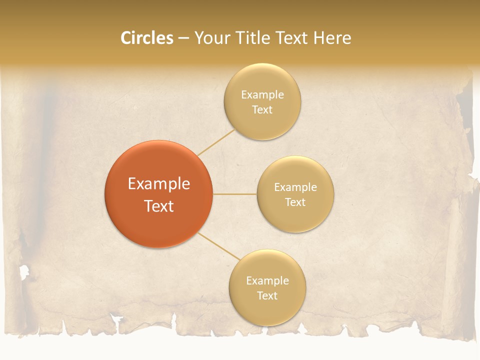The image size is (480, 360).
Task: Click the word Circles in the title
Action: (147, 38)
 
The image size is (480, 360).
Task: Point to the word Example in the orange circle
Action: (159, 184)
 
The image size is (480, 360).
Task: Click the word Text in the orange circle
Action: (159, 206)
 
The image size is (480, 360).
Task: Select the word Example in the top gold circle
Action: (262, 94)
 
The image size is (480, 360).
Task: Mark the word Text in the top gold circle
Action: (262, 109)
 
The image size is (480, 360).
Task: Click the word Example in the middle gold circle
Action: (295, 187)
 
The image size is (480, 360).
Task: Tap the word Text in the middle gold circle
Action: (295, 202)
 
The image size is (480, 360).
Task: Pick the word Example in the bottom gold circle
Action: (267, 280)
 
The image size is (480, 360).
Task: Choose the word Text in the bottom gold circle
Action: (267, 295)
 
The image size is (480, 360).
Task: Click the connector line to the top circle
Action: (216, 142)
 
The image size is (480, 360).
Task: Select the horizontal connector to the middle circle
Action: (234, 194)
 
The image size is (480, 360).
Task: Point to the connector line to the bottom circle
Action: (218, 245)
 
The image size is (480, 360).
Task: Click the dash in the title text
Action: (183, 38)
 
